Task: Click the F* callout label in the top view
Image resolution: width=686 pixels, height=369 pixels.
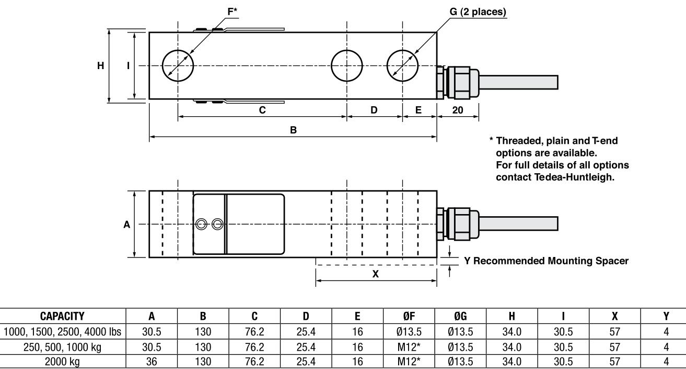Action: (x=218, y=10)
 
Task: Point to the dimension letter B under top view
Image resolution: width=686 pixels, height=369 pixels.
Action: (x=293, y=130)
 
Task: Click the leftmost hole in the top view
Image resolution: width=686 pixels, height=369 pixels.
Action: (x=178, y=66)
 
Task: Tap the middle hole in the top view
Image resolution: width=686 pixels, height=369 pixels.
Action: (x=347, y=66)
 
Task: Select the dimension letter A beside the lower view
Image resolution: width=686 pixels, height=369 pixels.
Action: (x=126, y=224)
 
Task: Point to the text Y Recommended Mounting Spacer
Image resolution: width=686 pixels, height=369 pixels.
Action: (x=547, y=261)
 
